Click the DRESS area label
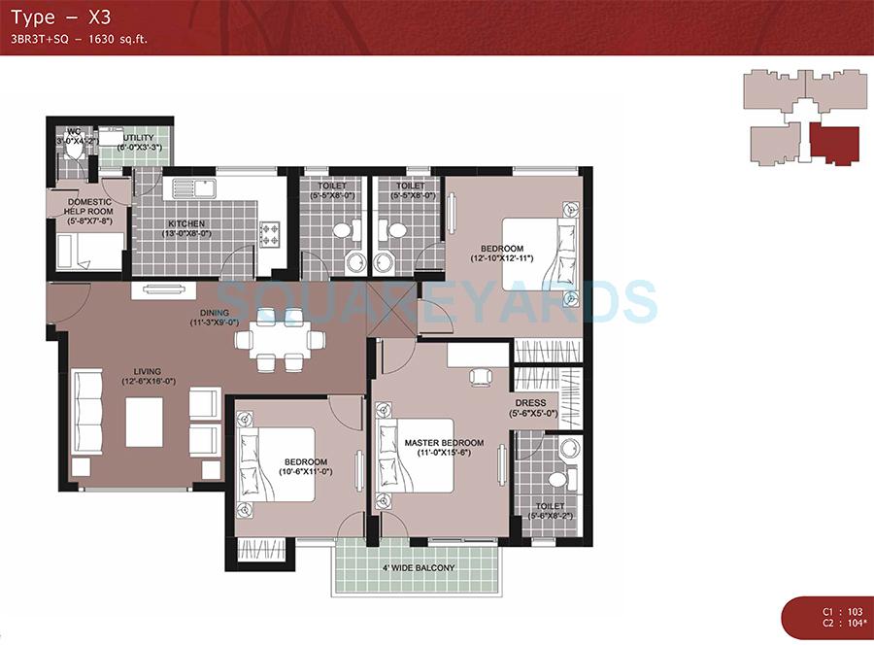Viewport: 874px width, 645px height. coord(530,402)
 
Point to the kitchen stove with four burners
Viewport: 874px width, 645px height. coord(269,234)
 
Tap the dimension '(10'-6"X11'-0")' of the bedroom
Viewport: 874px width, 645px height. coord(305,471)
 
